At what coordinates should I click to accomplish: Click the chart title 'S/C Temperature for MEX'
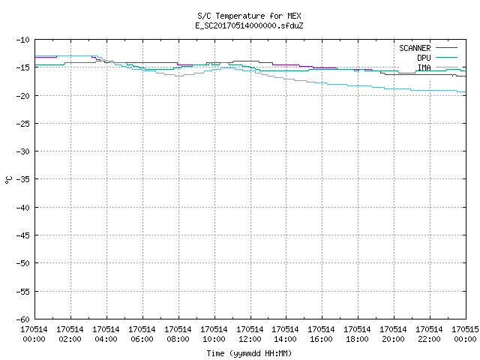point(249,16)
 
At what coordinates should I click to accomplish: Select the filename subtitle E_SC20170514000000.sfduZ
point(249,25)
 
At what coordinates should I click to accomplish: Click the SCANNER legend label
point(415,48)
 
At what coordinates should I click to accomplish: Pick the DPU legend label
point(424,58)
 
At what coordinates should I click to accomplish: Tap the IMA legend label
point(424,67)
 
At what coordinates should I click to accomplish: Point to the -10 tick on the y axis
point(23,40)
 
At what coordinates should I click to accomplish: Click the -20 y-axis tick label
point(23,96)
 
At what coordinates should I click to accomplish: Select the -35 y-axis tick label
point(23,179)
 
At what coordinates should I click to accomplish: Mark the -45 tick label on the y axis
point(23,235)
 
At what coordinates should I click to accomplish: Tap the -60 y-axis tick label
point(23,319)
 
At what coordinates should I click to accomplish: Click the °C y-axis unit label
point(8,180)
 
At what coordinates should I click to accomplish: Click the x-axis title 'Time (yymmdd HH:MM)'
point(249,353)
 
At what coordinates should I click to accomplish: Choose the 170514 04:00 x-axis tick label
point(106,334)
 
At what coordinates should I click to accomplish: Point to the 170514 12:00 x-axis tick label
point(250,334)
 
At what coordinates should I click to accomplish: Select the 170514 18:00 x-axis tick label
point(357,334)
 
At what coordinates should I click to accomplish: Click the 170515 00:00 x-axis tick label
point(465,334)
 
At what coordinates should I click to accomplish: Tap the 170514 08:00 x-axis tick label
point(178,334)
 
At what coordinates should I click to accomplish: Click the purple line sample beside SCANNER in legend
point(446,48)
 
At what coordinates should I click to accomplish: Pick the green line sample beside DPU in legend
point(446,58)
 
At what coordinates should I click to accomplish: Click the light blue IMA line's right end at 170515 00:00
point(466,91)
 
